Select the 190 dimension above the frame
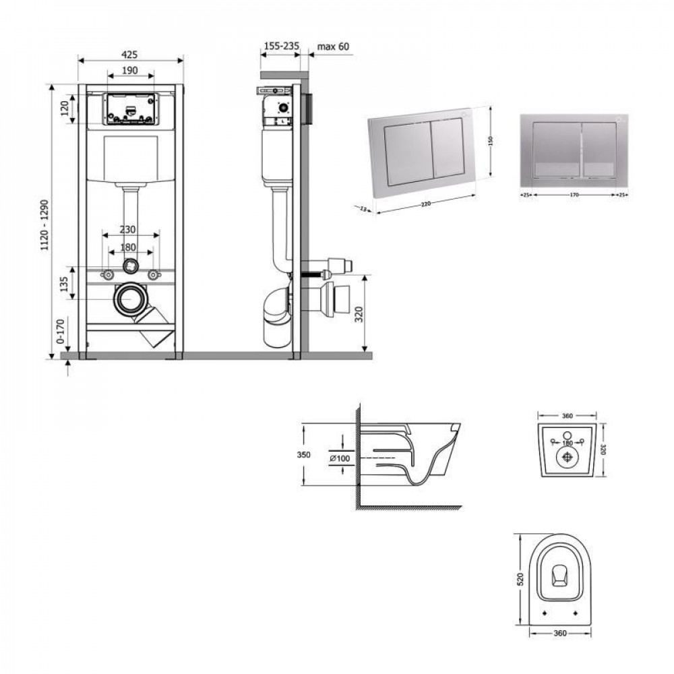pyautogui.click(x=130, y=70)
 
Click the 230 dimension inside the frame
pyautogui.click(x=130, y=229)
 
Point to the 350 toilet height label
pyautogui.click(x=304, y=455)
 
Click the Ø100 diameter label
pyautogui.click(x=339, y=458)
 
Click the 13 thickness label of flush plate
pyautogui.click(x=363, y=208)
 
